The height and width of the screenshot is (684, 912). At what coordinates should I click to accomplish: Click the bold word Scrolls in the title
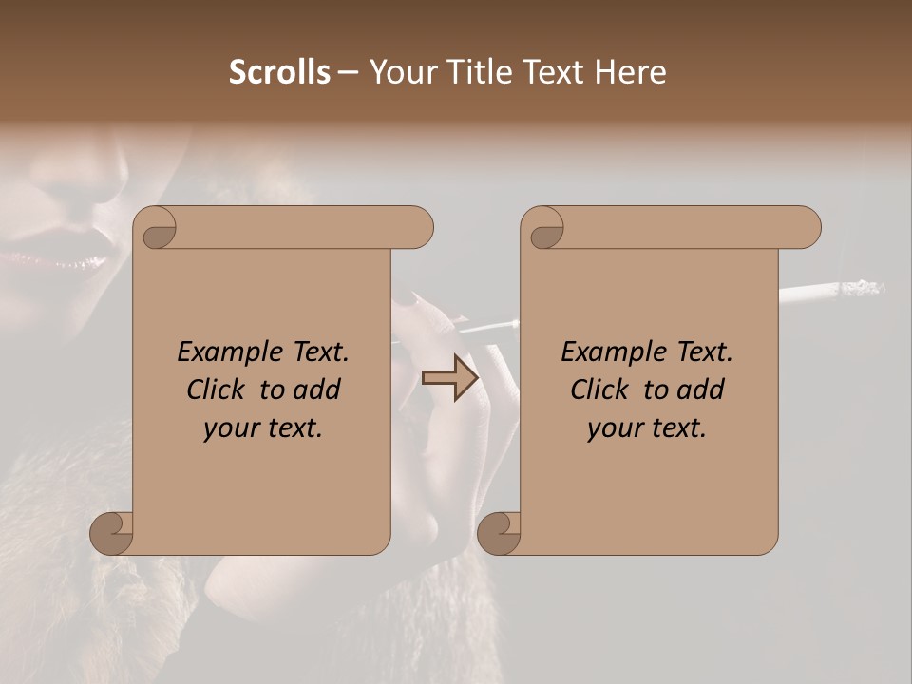pyautogui.click(x=280, y=72)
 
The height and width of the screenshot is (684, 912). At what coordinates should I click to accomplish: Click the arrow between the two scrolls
pyautogui.click(x=450, y=377)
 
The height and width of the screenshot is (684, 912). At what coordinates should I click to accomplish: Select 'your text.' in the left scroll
pyautogui.click(x=263, y=428)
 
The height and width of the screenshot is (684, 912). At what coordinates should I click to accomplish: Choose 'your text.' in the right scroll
pyautogui.click(x=647, y=428)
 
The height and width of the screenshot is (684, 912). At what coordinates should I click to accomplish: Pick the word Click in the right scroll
pyautogui.click(x=599, y=389)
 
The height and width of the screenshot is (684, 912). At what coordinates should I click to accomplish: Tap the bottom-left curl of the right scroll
pyautogui.click(x=499, y=533)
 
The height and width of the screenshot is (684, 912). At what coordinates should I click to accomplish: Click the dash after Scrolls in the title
pyautogui.click(x=349, y=72)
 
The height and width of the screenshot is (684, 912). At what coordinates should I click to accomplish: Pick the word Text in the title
pyautogui.click(x=554, y=72)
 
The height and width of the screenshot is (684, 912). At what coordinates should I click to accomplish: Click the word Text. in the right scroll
pyautogui.click(x=703, y=351)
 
